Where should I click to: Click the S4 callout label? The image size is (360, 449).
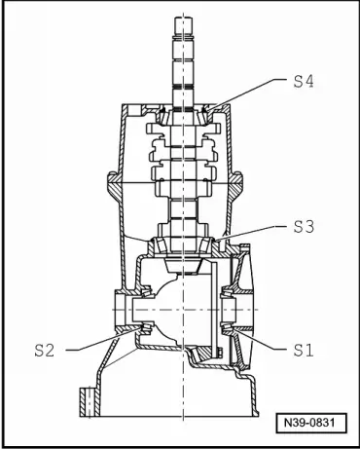(305, 84)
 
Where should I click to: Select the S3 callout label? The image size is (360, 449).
(305, 226)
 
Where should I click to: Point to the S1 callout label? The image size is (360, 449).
(305, 348)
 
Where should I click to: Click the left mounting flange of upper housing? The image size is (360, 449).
(110, 182)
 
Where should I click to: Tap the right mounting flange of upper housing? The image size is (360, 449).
(250, 182)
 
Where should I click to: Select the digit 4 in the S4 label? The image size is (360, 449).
(311, 84)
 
